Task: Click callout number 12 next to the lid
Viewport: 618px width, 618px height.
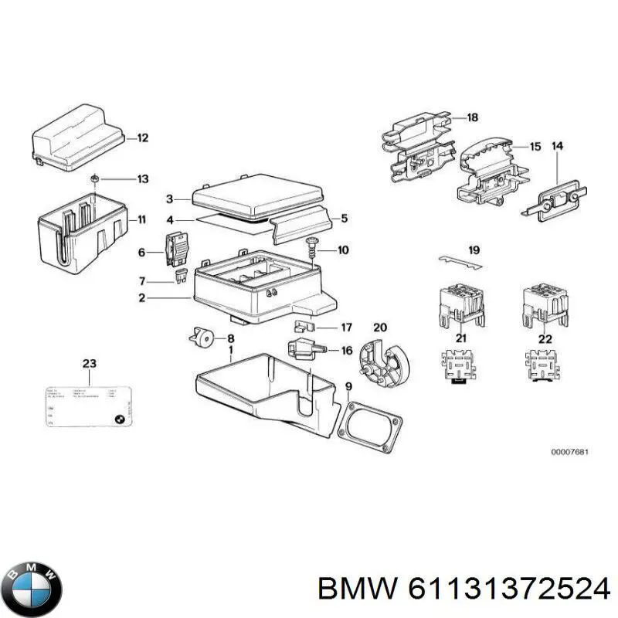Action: pos(142,139)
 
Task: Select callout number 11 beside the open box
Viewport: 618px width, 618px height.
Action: pos(141,219)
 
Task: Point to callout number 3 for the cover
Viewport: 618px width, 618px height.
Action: pos(171,199)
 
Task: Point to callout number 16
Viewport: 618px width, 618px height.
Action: pos(346,351)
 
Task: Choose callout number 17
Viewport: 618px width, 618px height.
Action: pos(346,327)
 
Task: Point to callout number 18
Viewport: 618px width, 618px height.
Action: pos(473,117)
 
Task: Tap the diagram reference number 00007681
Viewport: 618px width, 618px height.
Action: pos(569,452)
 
